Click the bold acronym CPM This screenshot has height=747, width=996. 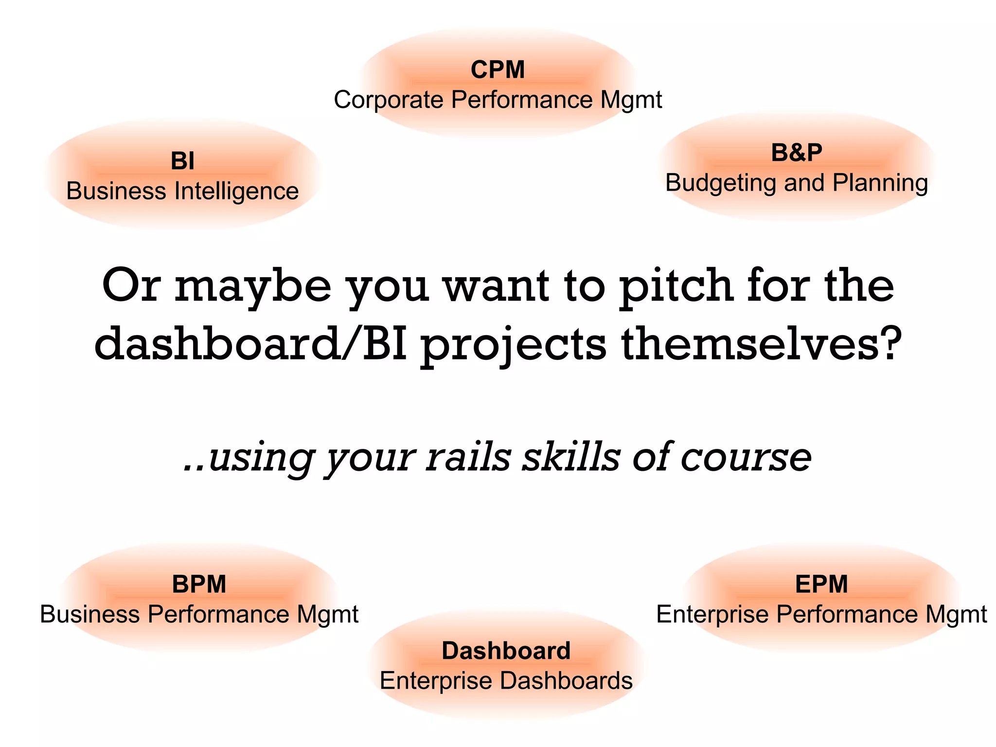[x=498, y=70]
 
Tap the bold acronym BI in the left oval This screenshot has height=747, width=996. [x=182, y=161]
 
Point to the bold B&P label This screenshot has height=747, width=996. [x=797, y=153]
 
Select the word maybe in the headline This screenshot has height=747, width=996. [x=253, y=287]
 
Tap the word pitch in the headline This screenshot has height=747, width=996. [x=676, y=287]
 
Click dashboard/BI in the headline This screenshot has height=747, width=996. [x=250, y=344]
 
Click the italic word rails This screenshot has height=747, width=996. [x=468, y=457]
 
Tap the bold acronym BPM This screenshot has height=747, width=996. [x=199, y=584]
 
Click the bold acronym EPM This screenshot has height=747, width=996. [x=821, y=584]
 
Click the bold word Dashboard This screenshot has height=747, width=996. [x=506, y=651]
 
